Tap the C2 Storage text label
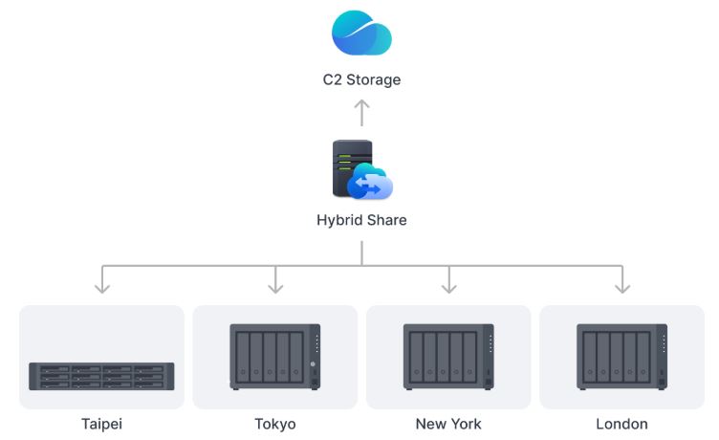point(361,79)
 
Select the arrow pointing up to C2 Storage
point(361,113)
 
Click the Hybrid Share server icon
point(353,168)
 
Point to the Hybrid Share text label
point(361,220)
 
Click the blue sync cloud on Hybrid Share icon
point(371,182)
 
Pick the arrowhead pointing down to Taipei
point(102,285)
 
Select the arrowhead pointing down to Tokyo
point(275,285)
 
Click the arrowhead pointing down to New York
point(448,285)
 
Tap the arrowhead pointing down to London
point(621,285)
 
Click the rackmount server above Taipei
point(102,376)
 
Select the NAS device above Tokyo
point(275,356)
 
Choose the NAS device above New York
point(448,356)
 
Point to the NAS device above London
point(621,356)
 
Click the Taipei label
point(102,424)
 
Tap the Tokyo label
point(275,424)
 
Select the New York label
point(448,424)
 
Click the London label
point(621,424)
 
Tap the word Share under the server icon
point(384,220)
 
